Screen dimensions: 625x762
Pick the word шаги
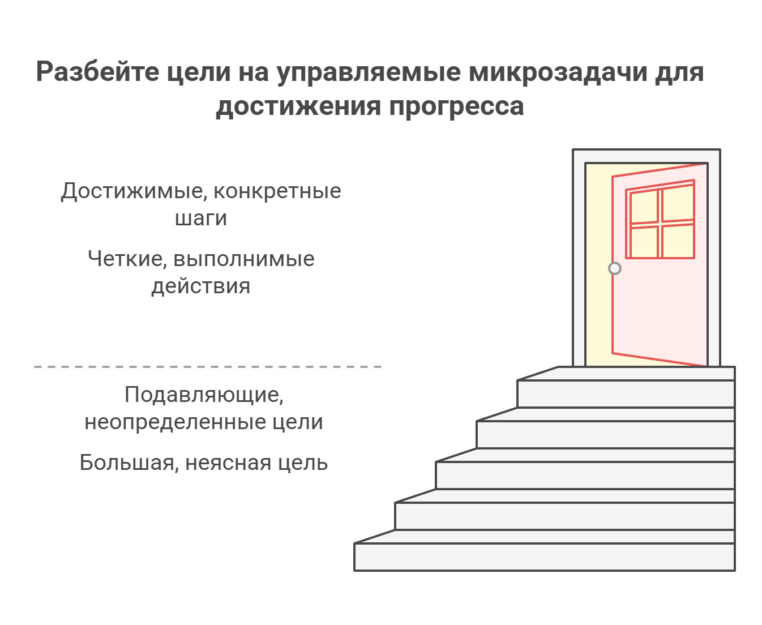click(x=201, y=219)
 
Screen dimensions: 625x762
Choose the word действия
click(x=201, y=286)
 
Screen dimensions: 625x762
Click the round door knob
click(x=615, y=268)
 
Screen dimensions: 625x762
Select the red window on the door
click(x=660, y=221)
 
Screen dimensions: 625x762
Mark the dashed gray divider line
click(x=208, y=367)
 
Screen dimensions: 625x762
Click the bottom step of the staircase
click(x=543, y=556)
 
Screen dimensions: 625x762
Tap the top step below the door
click(x=626, y=393)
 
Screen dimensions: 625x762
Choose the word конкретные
click(x=277, y=191)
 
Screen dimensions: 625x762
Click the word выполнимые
click(x=244, y=259)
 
